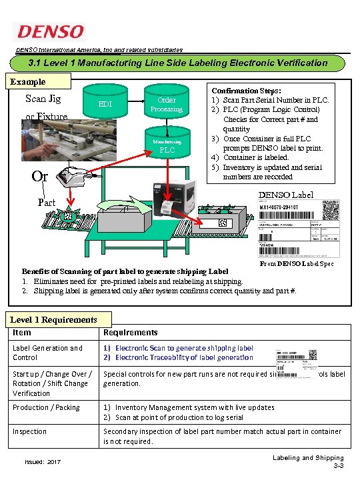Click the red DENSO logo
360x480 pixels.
pos(51,32)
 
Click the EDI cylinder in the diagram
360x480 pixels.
pos(105,105)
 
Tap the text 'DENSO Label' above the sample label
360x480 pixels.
pos(296,195)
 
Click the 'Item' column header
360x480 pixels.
pos(22,332)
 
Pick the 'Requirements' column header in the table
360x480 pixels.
pos(131,332)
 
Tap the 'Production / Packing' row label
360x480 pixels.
pos(46,407)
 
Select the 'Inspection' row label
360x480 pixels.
pos(30,431)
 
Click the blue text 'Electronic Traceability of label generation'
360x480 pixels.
pos(184,357)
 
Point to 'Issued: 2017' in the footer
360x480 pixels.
pos(43,461)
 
